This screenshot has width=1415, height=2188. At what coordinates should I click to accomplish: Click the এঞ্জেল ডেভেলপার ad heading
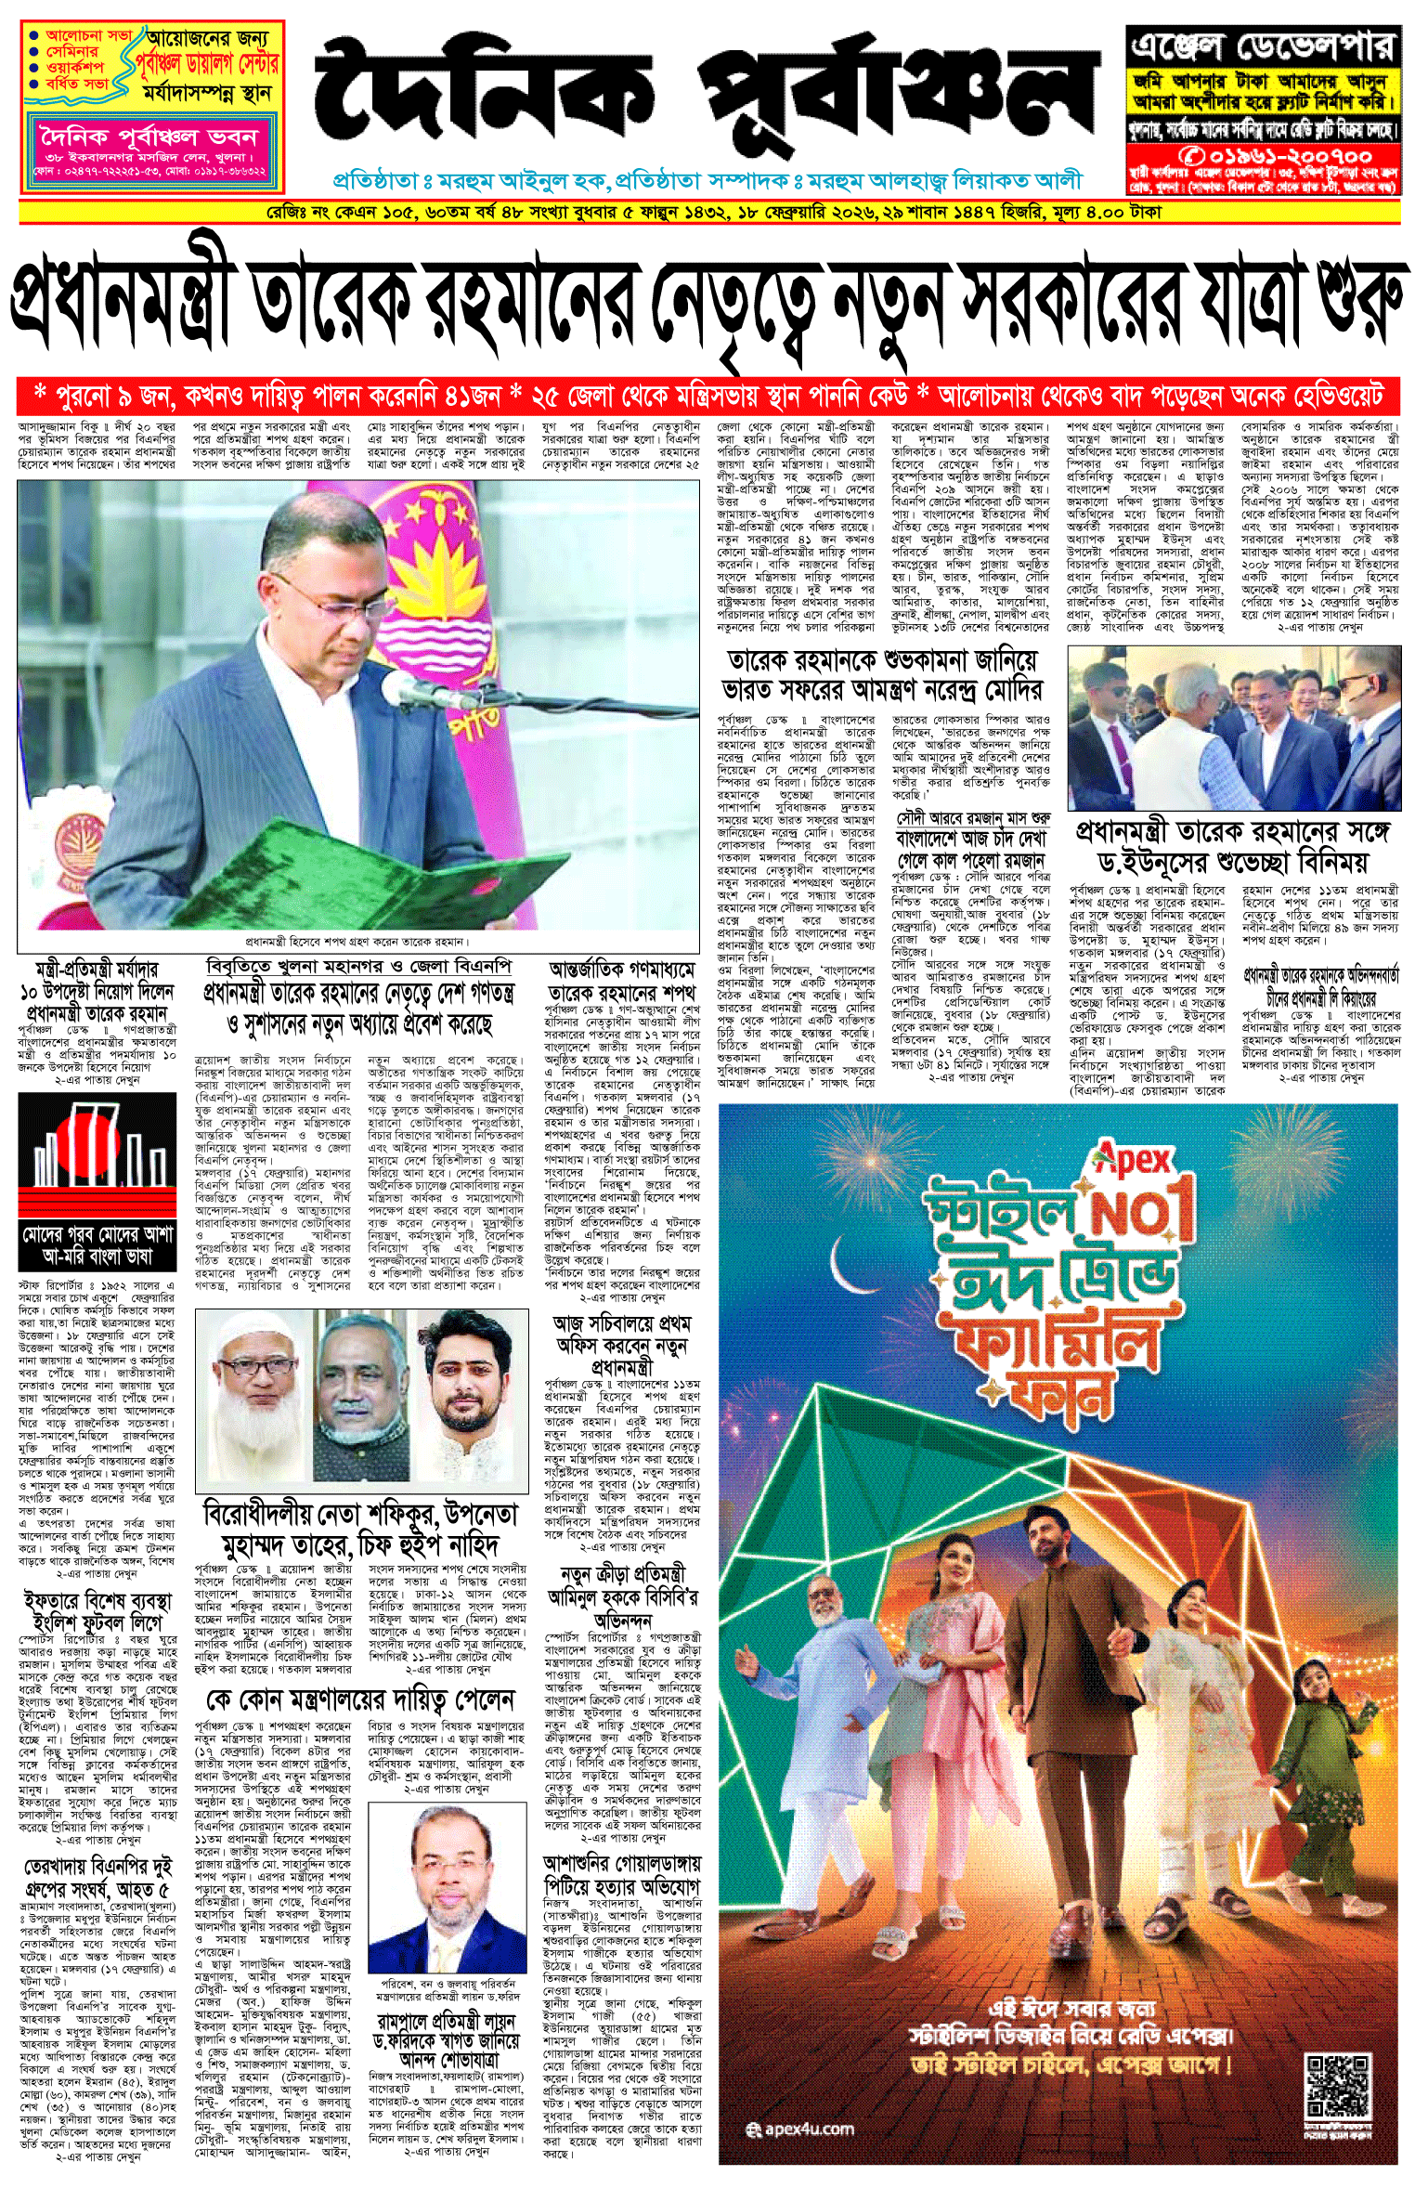(x=1262, y=46)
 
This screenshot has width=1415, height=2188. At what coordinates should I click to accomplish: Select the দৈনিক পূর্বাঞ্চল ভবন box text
(x=149, y=137)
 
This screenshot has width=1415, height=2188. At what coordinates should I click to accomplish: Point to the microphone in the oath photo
(x=409, y=688)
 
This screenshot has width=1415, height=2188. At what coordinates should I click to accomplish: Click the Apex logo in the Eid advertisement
(x=1134, y=1160)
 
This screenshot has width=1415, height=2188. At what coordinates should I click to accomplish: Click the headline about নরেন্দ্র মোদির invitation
(x=883, y=676)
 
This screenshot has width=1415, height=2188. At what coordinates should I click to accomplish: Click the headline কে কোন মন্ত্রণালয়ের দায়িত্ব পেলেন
(x=360, y=1700)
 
